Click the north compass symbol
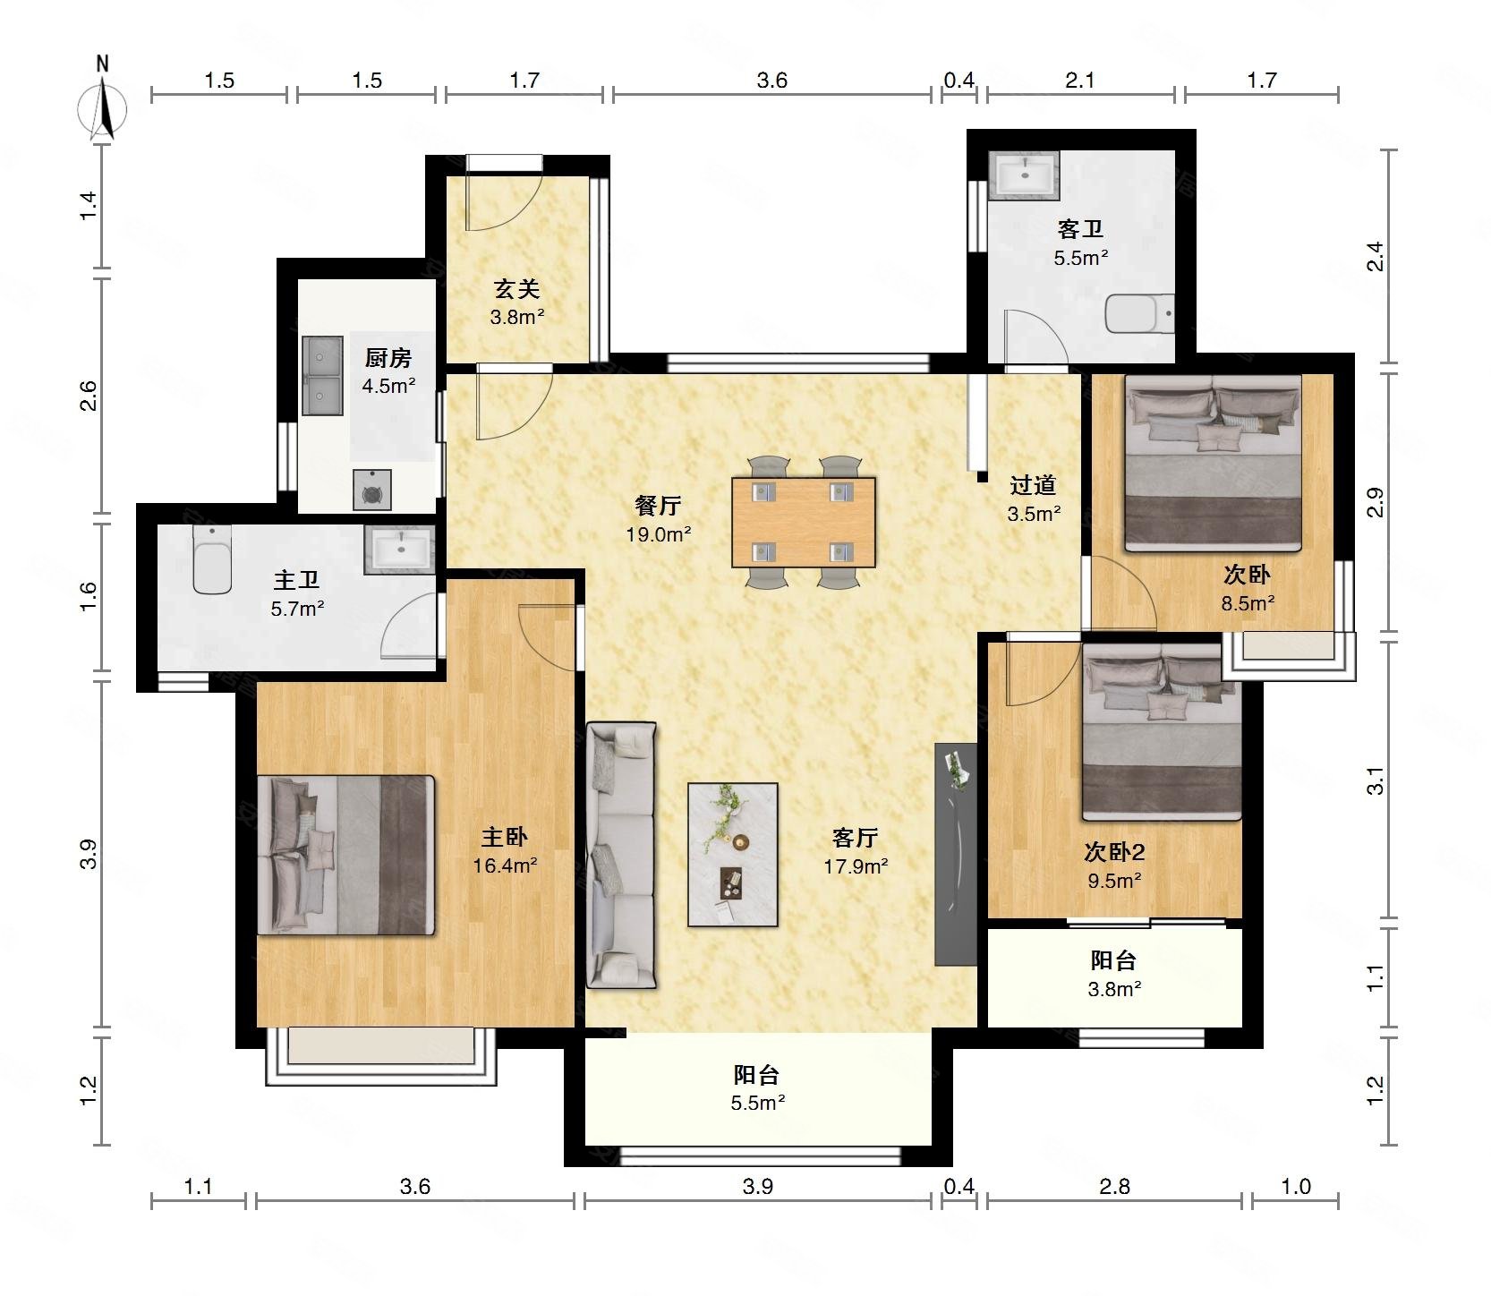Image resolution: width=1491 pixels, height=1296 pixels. [103, 107]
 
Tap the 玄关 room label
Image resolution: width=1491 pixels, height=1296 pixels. [517, 289]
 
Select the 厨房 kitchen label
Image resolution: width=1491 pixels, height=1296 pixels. [388, 358]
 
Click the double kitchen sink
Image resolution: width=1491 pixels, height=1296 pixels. [322, 376]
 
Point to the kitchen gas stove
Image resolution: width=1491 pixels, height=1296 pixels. [371, 490]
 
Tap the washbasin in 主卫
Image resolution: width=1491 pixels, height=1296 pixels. [399, 550]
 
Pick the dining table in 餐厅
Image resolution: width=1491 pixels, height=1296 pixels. [804, 522]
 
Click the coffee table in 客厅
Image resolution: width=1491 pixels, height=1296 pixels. [733, 855]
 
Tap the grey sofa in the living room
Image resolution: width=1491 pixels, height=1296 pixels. [621, 855]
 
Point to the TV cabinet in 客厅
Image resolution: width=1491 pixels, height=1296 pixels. [956, 854]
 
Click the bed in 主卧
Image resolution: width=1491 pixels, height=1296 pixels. [345, 856]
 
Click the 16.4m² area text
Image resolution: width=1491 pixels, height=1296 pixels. [505, 865]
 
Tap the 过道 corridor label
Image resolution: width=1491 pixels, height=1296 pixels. [1033, 485]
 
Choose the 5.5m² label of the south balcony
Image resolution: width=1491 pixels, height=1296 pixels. [758, 1103]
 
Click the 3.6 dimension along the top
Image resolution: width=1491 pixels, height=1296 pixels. [771, 81]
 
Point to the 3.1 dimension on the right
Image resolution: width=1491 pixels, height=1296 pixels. [1376, 780]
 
